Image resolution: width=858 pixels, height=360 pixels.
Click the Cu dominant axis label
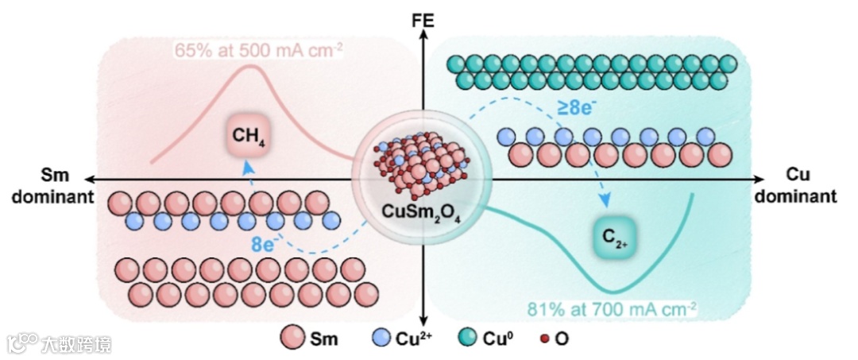(801, 186)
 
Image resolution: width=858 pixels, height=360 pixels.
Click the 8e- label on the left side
(263, 245)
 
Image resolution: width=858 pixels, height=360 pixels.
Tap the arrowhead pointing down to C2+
(609, 202)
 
